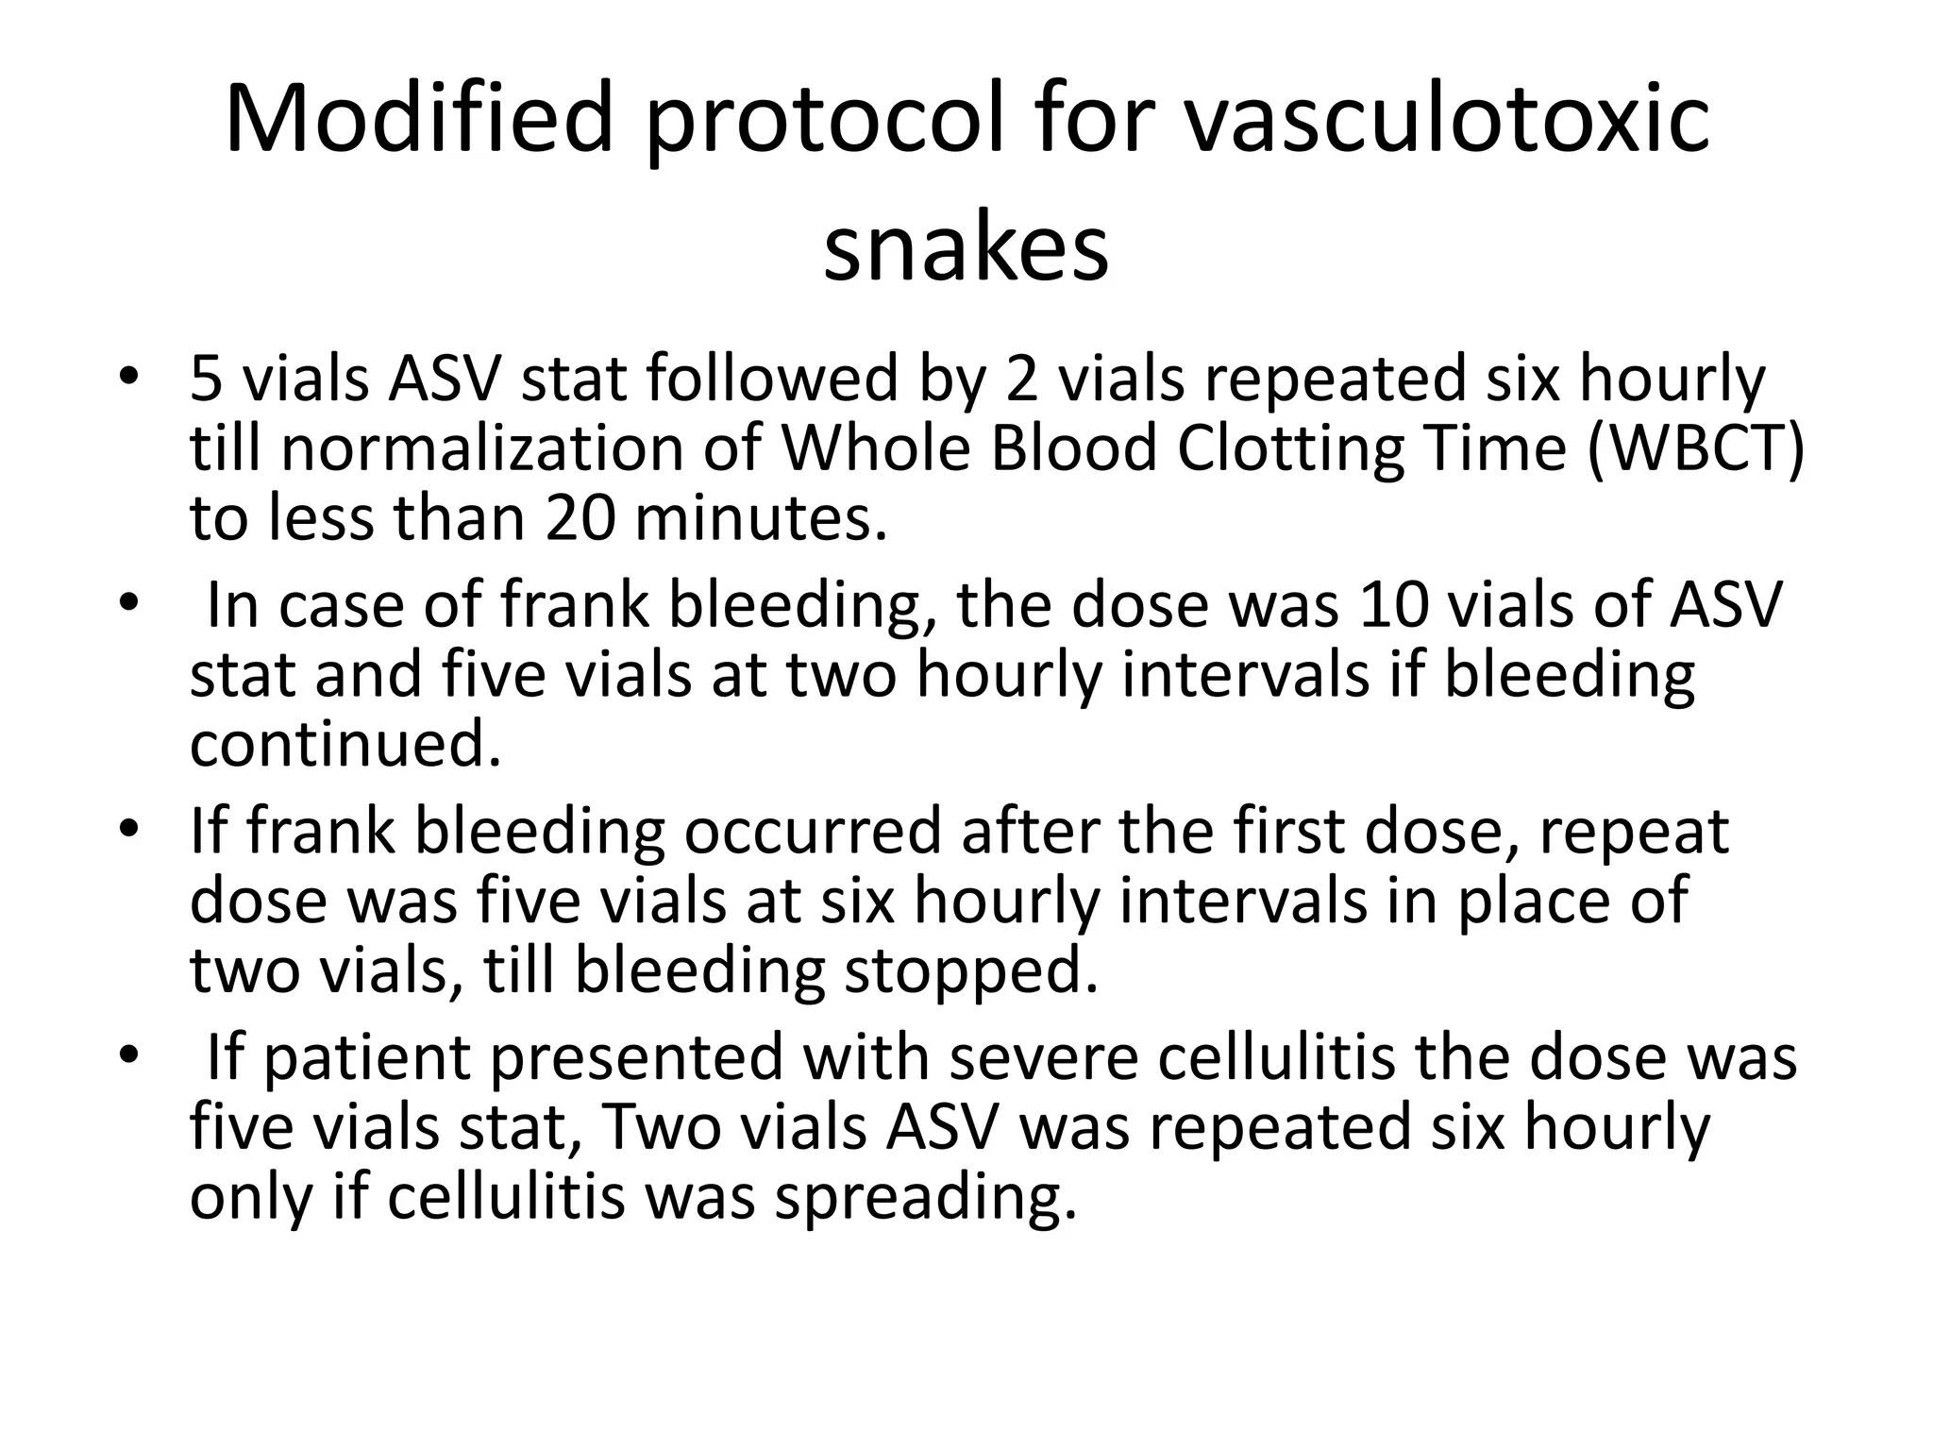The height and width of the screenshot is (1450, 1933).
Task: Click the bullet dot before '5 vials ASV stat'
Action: pos(129,378)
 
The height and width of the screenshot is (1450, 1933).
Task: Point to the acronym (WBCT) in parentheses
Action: pos(1696,447)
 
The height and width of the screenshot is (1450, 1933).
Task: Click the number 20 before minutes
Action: pos(581,518)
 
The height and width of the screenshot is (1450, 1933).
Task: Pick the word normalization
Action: pos(481,447)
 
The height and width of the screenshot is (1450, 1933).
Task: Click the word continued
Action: pos(345,744)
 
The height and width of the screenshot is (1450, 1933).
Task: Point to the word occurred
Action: pos(813,831)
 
